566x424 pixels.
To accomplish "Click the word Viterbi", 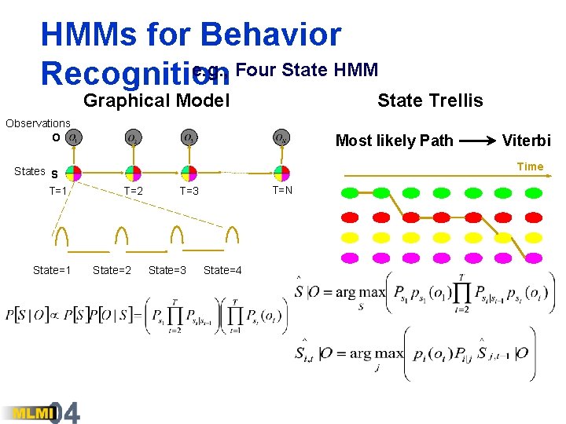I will pos(527,141).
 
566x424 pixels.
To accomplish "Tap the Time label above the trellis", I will pos(530,166).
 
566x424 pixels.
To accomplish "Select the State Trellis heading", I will pos(430,101).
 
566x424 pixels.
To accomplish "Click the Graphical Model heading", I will pos(156,101).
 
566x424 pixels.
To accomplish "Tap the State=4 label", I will pos(222,271).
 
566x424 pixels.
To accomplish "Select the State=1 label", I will pos(52,271).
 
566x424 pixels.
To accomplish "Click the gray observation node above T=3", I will pos(189,138).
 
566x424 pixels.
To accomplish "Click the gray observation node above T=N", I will pos(281,138).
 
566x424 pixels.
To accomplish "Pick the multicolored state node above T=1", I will pos(73,172).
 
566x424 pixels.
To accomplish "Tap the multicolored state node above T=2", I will pos(132,172).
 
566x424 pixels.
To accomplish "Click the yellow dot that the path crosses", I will pos(501,236).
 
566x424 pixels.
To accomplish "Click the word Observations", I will pos(38,123).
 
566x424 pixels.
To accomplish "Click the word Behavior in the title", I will pos(271,35).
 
